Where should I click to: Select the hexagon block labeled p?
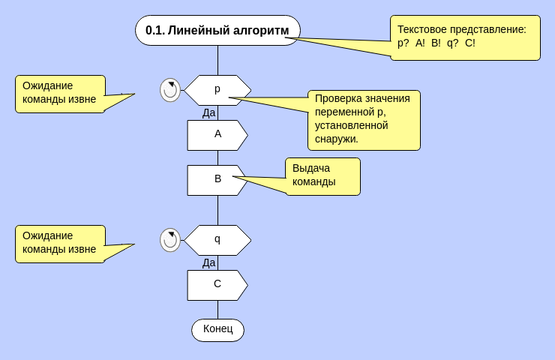(x=217, y=90)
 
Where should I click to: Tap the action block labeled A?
(x=217, y=135)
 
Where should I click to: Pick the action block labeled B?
(x=217, y=180)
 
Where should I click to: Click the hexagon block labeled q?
(x=217, y=240)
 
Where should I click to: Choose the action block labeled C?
(x=217, y=285)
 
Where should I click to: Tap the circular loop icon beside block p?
(x=170, y=90)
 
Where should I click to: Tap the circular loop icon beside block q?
(x=170, y=240)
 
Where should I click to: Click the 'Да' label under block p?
(x=209, y=112)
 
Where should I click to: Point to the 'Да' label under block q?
(x=209, y=262)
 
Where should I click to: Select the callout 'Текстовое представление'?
(x=465, y=37)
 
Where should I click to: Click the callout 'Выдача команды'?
(x=322, y=176)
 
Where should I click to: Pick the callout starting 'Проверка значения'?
(x=364, y=120)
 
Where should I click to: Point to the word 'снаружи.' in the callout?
(x=337, y=139)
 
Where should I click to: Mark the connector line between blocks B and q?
(x=218, y=210)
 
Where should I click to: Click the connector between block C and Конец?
(x=218, y=309)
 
